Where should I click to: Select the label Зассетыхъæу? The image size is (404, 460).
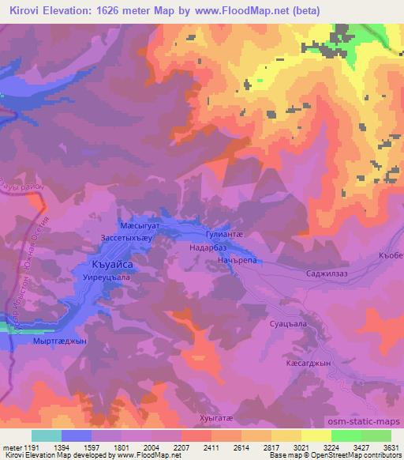point(131,236)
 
